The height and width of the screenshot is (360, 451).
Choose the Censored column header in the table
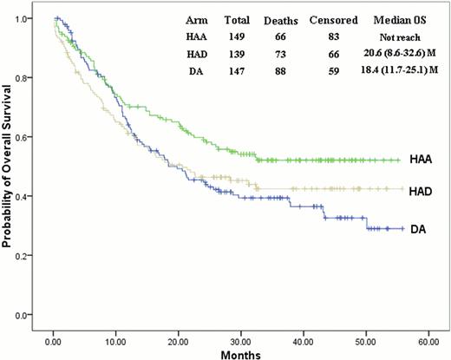333,19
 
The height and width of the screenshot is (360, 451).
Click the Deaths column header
280,19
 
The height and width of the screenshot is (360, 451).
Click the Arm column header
195,19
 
